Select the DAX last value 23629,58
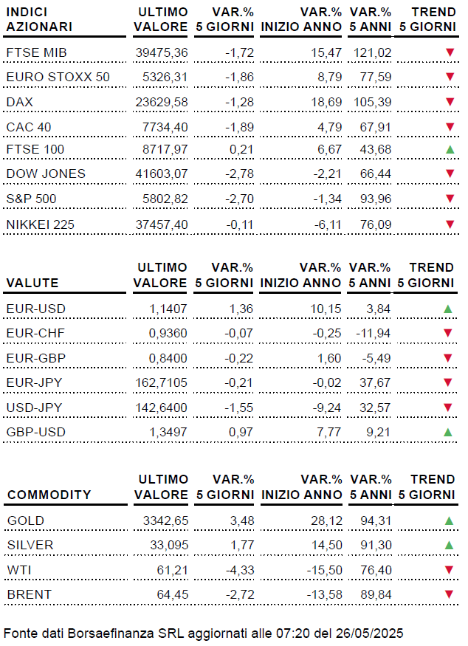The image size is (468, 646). [162, 101]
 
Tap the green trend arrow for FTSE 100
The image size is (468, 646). [449, 150]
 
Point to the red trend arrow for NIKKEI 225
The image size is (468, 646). [449, 223]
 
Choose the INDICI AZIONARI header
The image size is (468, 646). [39, 20]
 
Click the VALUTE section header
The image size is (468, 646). [32, 283]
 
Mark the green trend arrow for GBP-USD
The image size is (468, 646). [449, 430]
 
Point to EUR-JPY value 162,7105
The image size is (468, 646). [162, 382]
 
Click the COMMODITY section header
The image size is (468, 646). [49, 495]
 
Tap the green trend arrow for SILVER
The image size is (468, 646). [449, 545]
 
